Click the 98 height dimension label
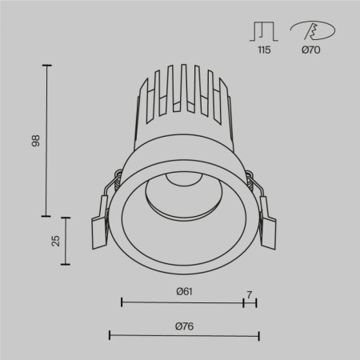point(34,141)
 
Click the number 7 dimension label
point(250,294)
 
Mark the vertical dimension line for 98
point(46,141)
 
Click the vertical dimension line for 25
point(66,241)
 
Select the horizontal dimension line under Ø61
point(182,302)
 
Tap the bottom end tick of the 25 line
point(66,265)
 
